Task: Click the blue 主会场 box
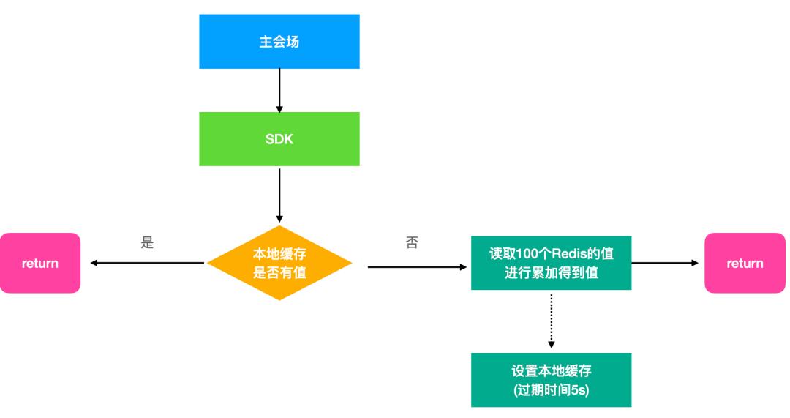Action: (x=279, y=42)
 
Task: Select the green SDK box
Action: (x=279, y=139)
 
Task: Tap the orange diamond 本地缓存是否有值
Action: (x=279, y=263)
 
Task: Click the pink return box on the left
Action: (x=40, y=263)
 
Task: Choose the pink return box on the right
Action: (x=745, y=263)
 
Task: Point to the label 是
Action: (x=147, y=243)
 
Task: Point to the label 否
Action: (x=412, y=243)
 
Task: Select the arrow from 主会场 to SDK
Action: (x=279, y=90)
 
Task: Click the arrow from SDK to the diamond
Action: (x=279, y=194)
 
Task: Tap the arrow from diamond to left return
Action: (x=146, y=263)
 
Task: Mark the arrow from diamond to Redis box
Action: (x=417, y=267)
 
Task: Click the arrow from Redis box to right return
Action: (x=666, y=263)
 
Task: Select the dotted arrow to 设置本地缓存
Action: (x=551, y=320)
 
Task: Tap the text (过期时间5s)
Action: (x=551, y=389)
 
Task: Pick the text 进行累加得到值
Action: (x=551, y=272)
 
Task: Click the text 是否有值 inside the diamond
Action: (x=279, y=272)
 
